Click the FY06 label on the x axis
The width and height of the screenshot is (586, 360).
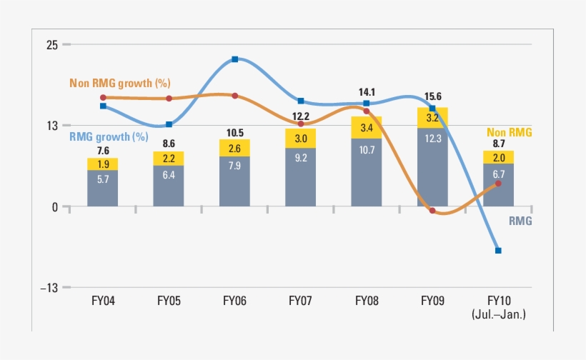coord(234,301)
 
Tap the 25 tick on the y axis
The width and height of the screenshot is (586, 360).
coord(52,44)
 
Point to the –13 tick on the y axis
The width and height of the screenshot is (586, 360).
coord(49,288)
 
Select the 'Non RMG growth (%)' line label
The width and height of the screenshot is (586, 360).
coord(120,84)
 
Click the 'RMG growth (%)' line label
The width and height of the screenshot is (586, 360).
coord(109,136)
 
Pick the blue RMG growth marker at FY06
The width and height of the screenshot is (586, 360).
coord(234,59)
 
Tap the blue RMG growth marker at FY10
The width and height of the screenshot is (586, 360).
coord(498,251)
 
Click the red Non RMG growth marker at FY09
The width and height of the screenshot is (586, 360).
coord(432,211)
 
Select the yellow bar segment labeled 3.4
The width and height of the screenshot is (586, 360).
coord(366,128)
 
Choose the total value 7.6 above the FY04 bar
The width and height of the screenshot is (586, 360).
coord(103,151)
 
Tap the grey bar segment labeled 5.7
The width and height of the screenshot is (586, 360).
coord(103,179)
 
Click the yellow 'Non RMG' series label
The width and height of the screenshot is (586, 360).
coord(510,132)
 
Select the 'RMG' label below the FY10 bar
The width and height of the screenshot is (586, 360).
coord(520,221)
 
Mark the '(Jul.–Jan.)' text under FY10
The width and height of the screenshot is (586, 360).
coord(498,314)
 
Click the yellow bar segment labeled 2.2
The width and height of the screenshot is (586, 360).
coord(169,158)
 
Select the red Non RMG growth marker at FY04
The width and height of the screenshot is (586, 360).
coord(103,98)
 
